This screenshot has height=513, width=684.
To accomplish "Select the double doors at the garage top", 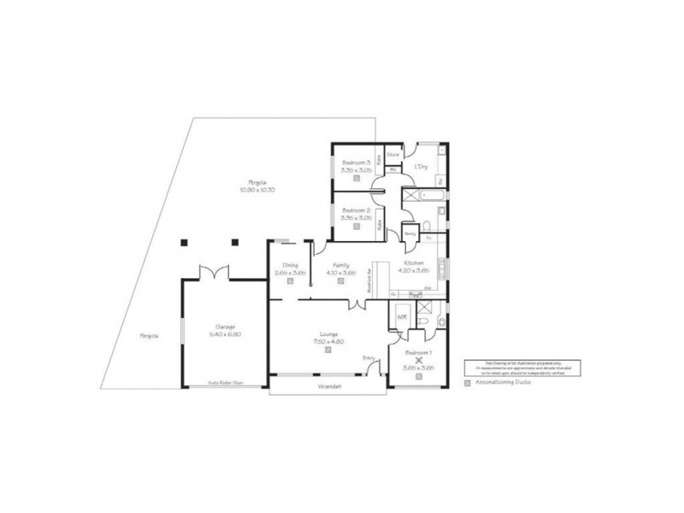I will [210, 273].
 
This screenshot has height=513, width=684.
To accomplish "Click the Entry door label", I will [369, 357].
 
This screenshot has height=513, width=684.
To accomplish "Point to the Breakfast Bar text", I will [369, 278].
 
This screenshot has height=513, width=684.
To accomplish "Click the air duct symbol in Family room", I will [340, 280].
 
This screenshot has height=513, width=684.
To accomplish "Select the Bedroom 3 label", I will [356, 162].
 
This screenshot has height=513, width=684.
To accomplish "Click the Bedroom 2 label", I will [356, 210].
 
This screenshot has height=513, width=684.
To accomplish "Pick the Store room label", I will [392, 155].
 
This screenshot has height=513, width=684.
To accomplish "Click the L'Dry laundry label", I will [421, 166].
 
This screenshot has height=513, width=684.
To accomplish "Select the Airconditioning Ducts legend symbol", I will [467, 385].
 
